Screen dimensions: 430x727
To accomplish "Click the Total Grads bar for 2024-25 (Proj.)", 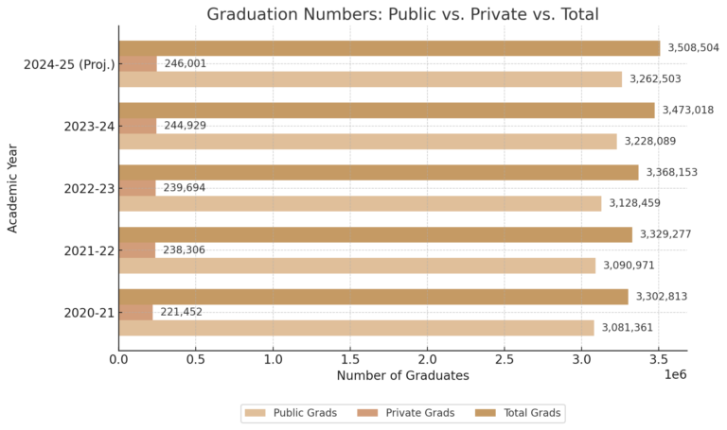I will [389, 48].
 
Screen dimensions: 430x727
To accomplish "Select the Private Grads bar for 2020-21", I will [135, 312].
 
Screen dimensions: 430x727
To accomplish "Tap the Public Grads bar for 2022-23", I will [360, 203].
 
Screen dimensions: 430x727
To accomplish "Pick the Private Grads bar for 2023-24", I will [137, 126].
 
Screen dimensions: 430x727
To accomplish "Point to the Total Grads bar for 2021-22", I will [375, 234].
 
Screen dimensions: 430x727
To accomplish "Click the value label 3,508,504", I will [693, 47].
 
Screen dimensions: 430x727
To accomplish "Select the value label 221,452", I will [181, 312].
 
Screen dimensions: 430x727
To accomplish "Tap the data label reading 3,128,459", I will [636, 203].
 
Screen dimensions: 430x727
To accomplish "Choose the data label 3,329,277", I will [667, 234].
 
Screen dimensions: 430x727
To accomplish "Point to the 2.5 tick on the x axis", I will [505, 359].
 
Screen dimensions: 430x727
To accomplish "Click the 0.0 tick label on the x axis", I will [118, 359].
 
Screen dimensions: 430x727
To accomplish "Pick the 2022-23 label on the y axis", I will [88, 188].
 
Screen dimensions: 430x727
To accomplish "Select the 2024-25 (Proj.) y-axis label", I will [69, 64].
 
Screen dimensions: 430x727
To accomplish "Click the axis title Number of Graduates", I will [402, 376].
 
